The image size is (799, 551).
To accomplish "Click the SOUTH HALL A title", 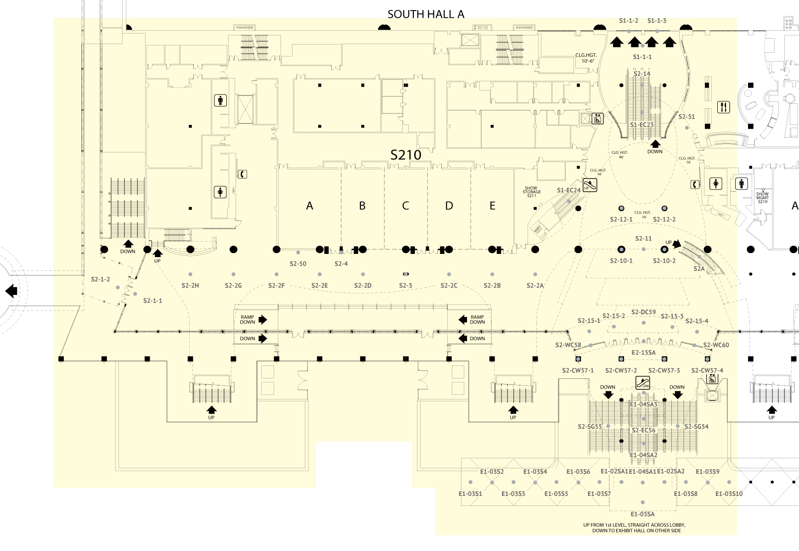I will tap(426, 14).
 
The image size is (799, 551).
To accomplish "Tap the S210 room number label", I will tap(405, 155).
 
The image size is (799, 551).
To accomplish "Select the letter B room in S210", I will tap(362, 206).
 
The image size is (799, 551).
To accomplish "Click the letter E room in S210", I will tap(492, 206).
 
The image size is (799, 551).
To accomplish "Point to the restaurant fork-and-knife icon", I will tap(723, 107).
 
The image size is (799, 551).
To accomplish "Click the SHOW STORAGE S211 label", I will tap(531, 192).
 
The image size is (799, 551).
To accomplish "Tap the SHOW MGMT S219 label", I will tap(762, 197).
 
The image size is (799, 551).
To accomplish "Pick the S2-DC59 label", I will tap(643, 312).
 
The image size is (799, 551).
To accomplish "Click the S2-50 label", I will tap(298, 264).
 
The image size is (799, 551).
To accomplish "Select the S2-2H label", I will tap(190, 286).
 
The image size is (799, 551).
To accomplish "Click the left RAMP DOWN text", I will tap(247, 320).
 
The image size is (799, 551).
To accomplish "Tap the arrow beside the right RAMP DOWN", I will tap(462, 320).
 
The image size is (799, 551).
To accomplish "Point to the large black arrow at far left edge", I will tap(11, 291).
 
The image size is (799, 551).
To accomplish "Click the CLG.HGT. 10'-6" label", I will tap(585, 58).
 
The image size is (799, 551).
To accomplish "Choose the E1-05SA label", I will tap(642, 514).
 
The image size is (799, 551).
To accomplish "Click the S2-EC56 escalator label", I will tap(643, 430).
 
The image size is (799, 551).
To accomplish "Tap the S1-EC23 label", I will tap(641, 125).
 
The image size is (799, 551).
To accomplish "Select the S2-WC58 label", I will tap(568, 345).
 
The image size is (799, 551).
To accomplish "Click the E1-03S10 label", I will tap(729, 494).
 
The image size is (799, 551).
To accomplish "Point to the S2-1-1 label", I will tap(152, 301).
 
